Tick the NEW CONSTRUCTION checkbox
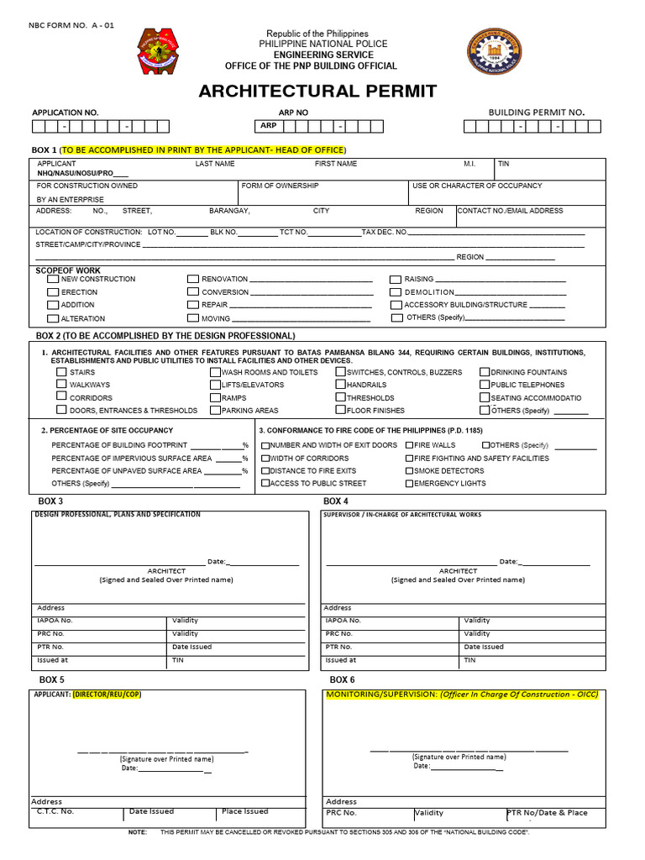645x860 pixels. click(x=53, y=279)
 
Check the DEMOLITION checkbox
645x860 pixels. click(x=396, y=292)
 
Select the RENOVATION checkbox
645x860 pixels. click(x=193, y=279)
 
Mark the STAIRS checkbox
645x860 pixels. click(x=61, y=371)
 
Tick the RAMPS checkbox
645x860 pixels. click(x=215, y=397)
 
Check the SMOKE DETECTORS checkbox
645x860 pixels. click(x=409, y=471)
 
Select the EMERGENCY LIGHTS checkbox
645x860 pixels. click(x=409, y=484)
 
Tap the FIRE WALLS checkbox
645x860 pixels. click(x=409, y=445)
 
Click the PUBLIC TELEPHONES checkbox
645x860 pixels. click(x=485, y=385)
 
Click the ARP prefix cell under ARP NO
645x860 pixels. click(x=268, y=126)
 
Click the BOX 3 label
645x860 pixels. click(x=52, y=501)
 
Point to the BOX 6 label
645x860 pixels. click(x=342, y=679)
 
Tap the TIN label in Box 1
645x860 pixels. click(x=503, y=164)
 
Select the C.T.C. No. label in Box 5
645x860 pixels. click(x=55, y=811)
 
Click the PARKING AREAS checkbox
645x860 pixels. click(x=215, y=411)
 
